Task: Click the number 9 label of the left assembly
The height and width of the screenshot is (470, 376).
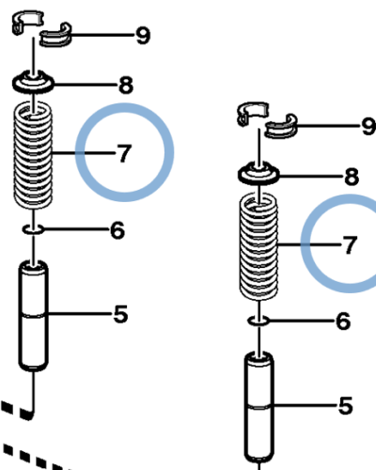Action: (142, 37)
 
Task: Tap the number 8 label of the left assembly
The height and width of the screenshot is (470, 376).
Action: (125, 86)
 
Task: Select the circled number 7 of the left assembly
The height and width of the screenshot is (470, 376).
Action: (124, 153)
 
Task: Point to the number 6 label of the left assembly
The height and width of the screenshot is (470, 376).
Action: (117, 229)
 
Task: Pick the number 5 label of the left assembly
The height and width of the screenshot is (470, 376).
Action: (120, 315)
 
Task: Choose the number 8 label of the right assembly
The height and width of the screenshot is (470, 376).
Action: (352, 176)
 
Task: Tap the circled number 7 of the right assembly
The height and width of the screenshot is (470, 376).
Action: (350, 245)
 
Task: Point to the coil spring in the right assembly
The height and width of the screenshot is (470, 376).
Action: (260, 244)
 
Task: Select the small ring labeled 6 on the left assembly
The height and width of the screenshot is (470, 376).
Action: (35, 228)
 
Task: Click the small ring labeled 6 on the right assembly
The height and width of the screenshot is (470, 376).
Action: (260, 321)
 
